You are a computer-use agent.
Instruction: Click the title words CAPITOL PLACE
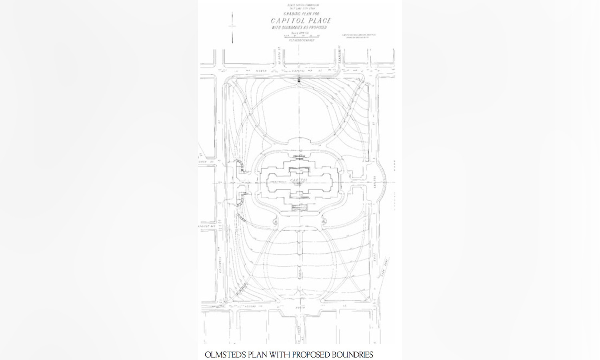coord(301,21)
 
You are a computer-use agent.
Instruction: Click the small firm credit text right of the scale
coord(358,36)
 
